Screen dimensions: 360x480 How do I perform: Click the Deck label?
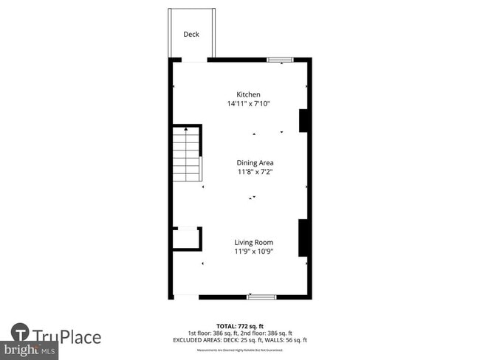click(x=191, y=35)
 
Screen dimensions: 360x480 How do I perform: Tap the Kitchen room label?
click(x=248, y=94)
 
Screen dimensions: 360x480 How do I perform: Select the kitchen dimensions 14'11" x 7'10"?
click(x=248, y=104)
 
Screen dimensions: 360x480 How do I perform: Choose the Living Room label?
click(x=254, y=243)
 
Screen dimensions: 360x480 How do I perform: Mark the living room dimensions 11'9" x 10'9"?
click(x=254, y=252)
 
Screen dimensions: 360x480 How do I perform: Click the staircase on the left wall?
click(x=187, y=154)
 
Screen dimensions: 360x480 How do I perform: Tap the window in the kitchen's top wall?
click(x=280, y=60)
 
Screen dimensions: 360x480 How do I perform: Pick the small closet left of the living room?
click(x=185, y=240)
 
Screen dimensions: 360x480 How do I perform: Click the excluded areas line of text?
click(x=240, y=339)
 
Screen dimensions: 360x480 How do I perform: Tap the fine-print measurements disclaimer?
click(x=240, y=350)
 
